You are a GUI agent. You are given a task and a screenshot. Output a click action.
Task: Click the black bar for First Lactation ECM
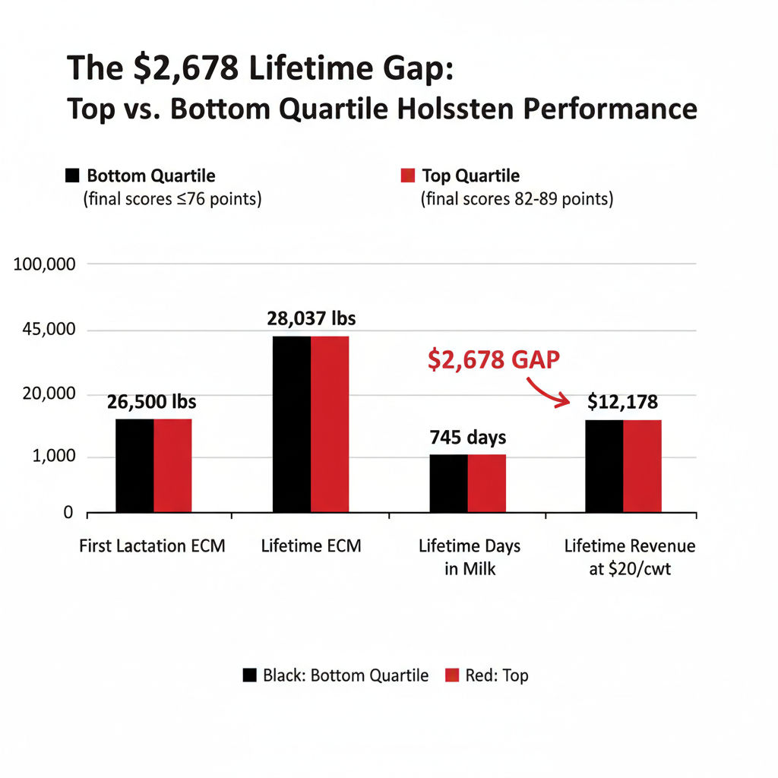click(134, 465)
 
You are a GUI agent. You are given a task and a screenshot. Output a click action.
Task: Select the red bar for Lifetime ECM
click(330, 424)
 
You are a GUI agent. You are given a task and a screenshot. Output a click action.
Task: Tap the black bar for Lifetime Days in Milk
click(448, 482)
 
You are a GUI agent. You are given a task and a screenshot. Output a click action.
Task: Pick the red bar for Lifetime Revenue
click(642, 466)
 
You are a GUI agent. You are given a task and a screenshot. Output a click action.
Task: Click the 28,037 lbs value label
click(312, 319)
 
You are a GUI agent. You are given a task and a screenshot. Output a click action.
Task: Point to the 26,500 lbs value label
click(152, 403)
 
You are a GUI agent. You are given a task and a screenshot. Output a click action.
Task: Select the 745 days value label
click(468, 438)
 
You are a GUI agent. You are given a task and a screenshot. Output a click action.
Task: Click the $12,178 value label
click(622, 403)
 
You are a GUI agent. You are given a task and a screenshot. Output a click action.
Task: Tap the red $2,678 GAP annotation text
click(493, 359)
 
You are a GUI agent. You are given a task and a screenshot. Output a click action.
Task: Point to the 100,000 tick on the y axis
click(46, 264)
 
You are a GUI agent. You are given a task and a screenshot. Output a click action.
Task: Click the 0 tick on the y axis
click(68, 513)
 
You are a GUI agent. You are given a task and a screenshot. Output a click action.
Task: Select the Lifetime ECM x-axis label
click(311, 546)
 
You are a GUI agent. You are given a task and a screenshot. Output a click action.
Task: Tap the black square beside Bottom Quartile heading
click(72, 176)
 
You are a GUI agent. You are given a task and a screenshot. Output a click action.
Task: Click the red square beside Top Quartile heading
click(407, 176)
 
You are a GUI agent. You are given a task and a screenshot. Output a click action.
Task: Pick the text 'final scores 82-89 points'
click(517, 200)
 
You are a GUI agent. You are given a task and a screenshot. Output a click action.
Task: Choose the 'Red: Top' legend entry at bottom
click(487, 675)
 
